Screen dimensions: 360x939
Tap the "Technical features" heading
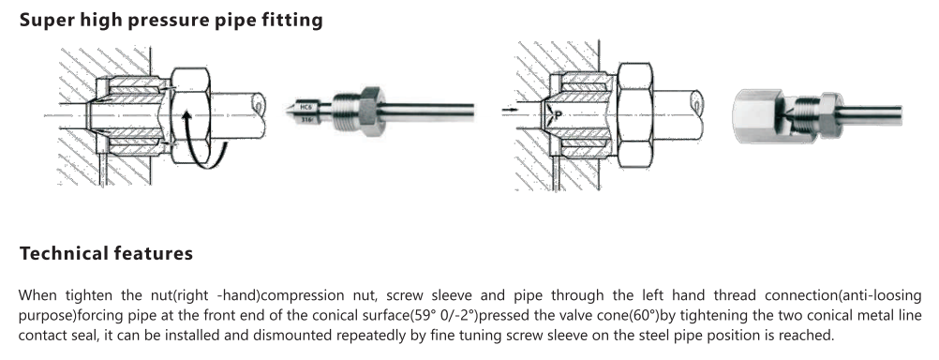pos(106,253)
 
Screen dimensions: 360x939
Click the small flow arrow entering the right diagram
pos(509,111)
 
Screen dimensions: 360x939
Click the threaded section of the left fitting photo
pos(346,110)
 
